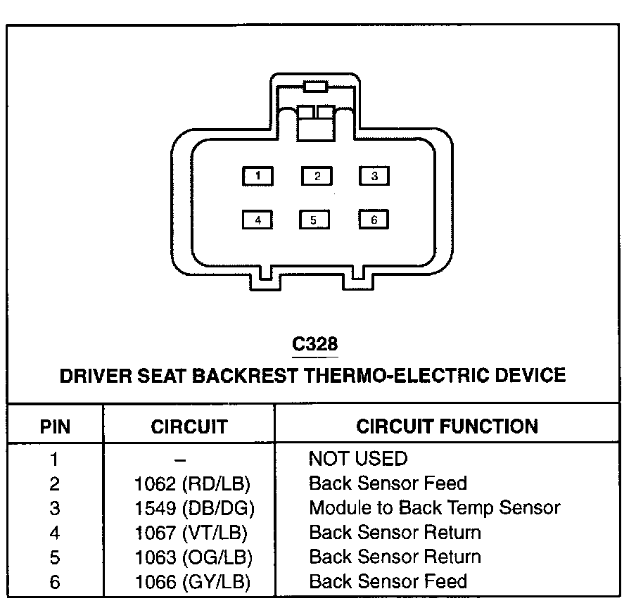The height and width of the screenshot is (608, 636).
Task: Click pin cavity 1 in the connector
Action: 258,176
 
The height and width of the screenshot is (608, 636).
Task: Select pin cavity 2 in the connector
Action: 317,176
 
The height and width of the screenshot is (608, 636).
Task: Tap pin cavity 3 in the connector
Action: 374,176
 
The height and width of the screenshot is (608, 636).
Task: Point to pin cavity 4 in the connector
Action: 258,220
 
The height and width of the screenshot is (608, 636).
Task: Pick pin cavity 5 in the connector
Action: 314,220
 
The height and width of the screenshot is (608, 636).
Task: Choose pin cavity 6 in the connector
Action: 374,220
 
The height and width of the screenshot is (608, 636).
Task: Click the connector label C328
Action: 314,344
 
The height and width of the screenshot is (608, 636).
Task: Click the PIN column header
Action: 55,426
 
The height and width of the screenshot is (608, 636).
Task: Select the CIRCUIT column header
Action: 189,426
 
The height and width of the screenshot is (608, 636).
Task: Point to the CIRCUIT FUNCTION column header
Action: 447,426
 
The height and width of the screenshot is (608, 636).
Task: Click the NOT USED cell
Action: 357,460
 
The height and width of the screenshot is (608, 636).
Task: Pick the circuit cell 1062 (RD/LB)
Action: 192,484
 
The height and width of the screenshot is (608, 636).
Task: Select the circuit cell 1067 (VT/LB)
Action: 191,533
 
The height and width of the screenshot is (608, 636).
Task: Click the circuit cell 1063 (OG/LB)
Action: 193,557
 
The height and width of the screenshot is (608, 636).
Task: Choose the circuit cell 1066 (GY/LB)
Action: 192,581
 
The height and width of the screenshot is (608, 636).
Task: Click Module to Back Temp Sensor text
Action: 434,508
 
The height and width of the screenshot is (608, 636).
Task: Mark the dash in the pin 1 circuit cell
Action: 181,460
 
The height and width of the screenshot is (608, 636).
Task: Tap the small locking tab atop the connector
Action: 314,87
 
